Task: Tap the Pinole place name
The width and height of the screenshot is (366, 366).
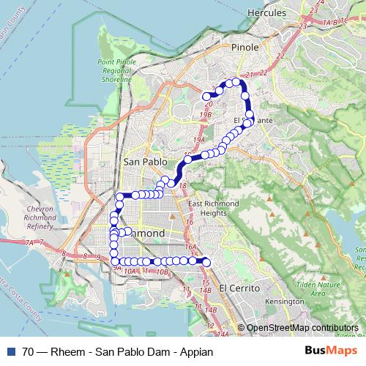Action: (244, 48)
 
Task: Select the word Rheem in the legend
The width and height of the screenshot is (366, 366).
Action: (67, 352)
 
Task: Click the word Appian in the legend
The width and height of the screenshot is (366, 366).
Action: (195, 352)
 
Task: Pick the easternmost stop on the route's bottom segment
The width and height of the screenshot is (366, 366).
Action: (206, 262)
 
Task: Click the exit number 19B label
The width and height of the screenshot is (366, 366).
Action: (206, 115)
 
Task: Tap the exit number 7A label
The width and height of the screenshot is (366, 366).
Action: (29, 242)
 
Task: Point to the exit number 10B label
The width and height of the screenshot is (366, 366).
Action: (163, 272)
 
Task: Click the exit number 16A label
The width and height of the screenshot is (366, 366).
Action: (191, 248)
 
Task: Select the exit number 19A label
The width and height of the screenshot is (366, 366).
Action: (199, 139)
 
